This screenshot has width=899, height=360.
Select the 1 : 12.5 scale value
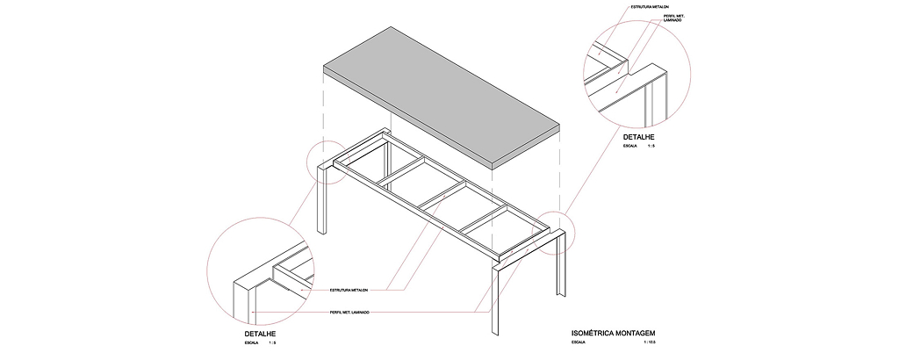tap(650, 343)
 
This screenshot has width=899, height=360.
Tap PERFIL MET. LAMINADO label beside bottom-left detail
tap(350, 313)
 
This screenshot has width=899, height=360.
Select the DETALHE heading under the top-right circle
tap(639, 138)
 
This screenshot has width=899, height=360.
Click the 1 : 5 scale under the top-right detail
tap(651, 148)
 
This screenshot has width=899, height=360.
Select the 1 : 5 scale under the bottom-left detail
tap(272, 343)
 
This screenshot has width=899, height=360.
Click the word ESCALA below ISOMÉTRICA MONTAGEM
tap(579, 343)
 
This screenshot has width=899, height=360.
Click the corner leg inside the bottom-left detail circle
tap(242, 303)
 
